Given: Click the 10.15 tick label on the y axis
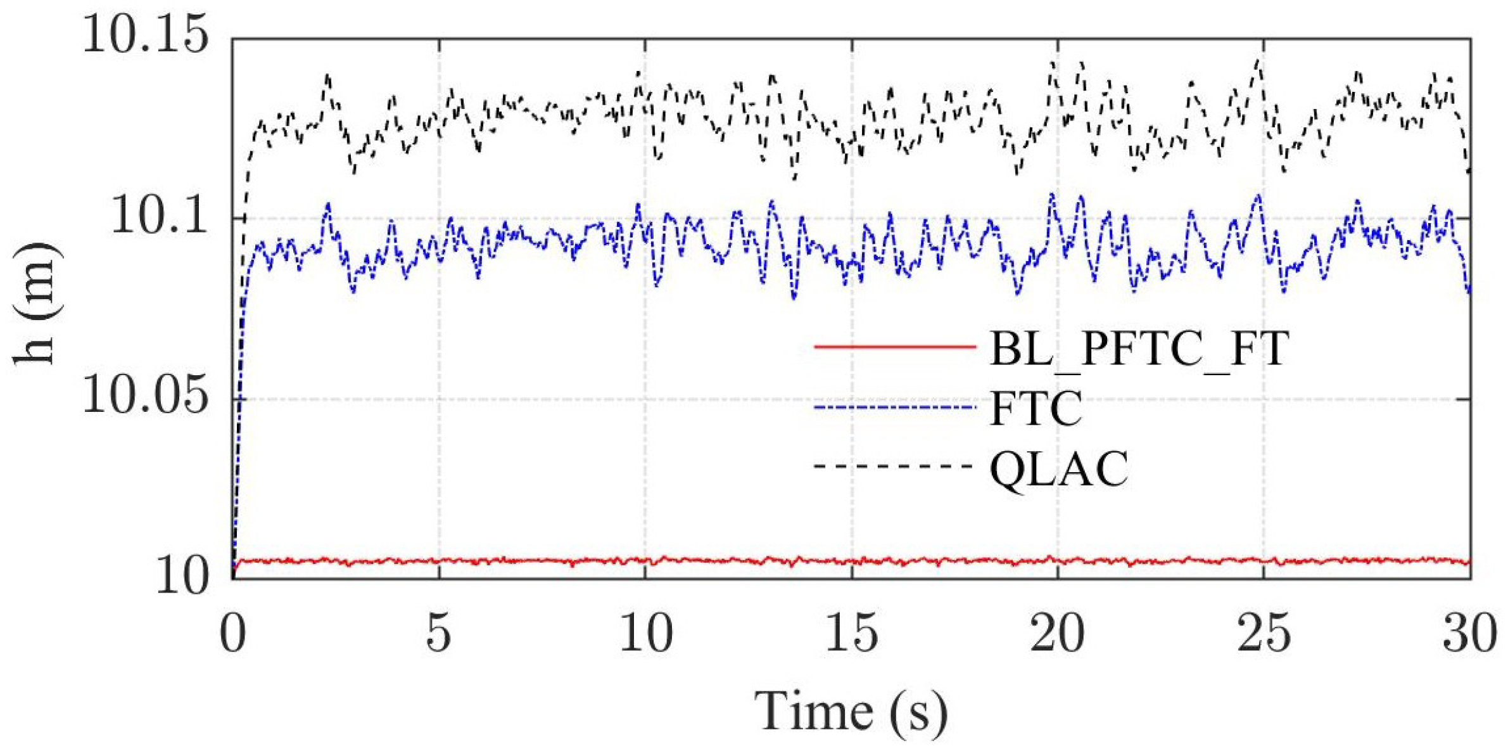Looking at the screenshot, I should [145, 35].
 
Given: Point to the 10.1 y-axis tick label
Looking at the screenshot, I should [159, 217].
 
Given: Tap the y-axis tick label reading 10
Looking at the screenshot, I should [182, 577].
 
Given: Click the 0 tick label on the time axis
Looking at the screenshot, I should [232, 634].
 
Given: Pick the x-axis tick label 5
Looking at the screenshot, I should [438, 634].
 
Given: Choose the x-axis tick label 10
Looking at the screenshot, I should [645, 634].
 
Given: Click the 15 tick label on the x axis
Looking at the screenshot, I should [852, 634].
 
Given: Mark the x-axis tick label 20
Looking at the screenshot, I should [1057, 634].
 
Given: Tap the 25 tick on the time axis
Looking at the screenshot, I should [1264, 634].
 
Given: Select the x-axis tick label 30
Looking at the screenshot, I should [1469, 634].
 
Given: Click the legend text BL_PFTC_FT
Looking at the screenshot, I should [1139, 349].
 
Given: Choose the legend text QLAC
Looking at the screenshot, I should [1059, 469].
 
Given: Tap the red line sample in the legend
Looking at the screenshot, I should [894, 347].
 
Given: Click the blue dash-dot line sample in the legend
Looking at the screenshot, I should [894, 407].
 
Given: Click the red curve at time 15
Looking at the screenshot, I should [852, 562].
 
